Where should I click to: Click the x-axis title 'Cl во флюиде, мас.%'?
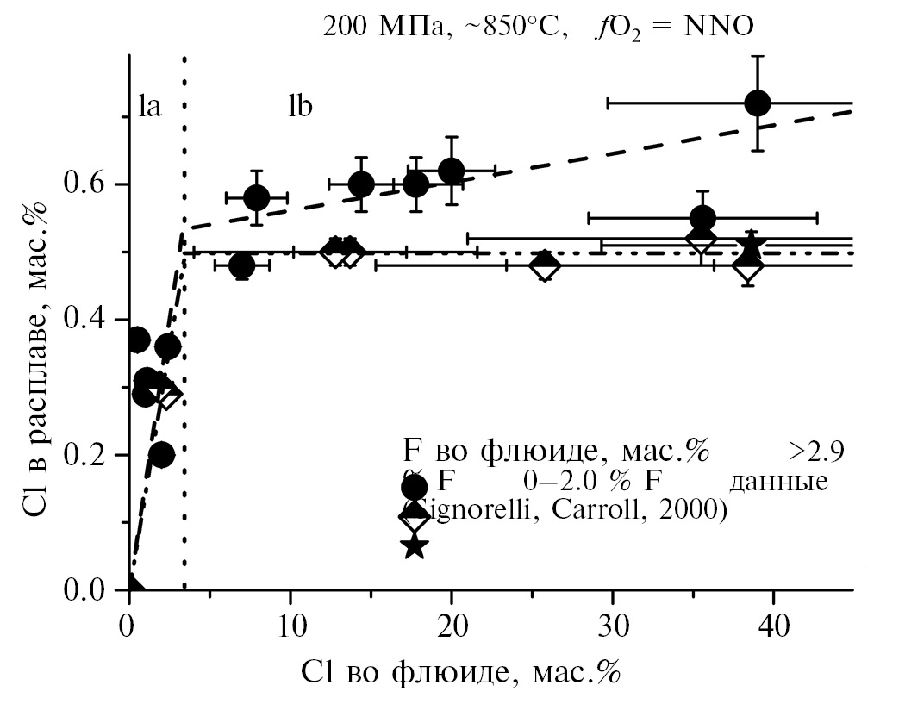[460, 671]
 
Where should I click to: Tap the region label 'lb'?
[299, 108]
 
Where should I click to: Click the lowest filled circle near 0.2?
[161, 454]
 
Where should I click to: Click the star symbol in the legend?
[415, 545]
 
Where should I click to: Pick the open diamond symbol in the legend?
[415, 516]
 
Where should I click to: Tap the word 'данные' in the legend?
[778, 481]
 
